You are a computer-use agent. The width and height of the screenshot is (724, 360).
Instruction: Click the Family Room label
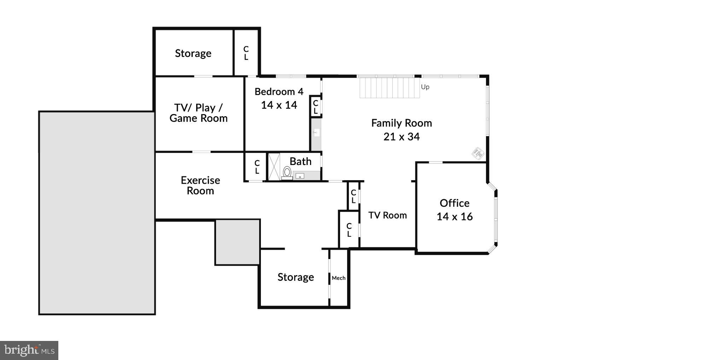[x=401, y=123]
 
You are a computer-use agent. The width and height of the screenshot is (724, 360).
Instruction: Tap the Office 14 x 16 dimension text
[x=454, y=217]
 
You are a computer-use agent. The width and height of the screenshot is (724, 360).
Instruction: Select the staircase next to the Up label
[x=390, y=88]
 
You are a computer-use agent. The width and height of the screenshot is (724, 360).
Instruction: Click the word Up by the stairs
[x=425, y=87]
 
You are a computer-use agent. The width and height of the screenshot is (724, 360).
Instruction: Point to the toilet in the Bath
[x=287, y=173]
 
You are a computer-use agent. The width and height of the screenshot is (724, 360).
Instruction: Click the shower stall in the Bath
[x=274, y=166]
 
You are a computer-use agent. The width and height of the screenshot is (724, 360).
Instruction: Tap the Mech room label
[x=338, y=278]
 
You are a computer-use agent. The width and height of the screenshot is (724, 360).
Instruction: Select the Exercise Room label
[x=200, y=185]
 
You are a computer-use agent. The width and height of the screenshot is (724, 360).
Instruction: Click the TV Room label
[x=387, y=215]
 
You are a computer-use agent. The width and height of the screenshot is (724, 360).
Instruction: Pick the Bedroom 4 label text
[x=279, y=92]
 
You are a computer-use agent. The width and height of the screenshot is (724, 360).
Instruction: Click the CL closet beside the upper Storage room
[x=246, y=53]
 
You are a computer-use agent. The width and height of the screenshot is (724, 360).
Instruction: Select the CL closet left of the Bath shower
[x=257, y=167]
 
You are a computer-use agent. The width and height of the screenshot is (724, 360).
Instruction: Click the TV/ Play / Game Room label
[x=198, y=113]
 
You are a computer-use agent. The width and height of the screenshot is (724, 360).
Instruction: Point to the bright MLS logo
[x=29, y=350]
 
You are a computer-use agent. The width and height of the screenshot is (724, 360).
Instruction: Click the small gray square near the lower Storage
[x=238, y=242]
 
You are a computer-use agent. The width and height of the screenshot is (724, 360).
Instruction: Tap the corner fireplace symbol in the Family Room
[x=478, y=153]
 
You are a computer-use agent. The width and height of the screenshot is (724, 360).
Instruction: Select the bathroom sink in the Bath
[x=300, y=176]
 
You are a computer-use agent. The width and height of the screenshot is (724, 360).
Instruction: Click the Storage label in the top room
[x=193, y=53]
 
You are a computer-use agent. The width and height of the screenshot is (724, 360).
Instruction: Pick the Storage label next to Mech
[x=296, y=277]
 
